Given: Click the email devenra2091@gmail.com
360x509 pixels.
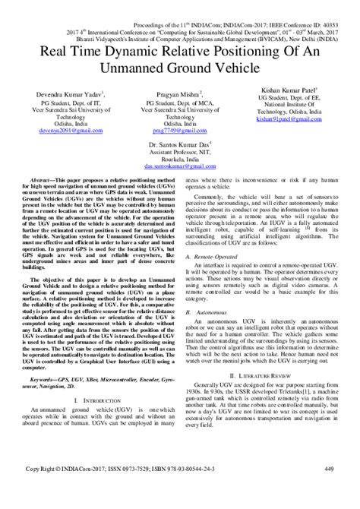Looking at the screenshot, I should [68, 132].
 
